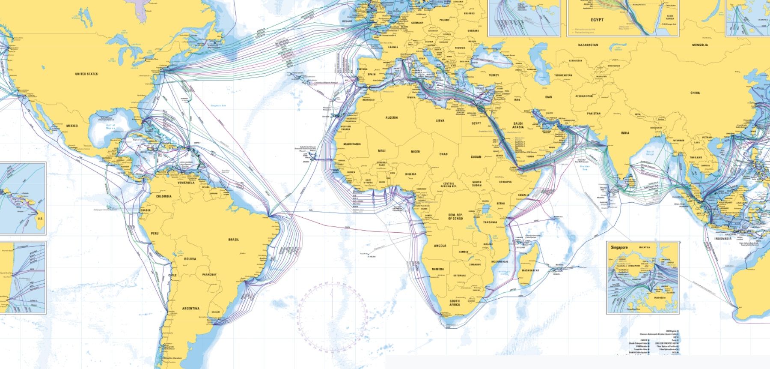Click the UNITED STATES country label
(x=86, y=74)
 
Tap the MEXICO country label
(x=72, y=126)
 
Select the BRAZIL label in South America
(x=234, y=240)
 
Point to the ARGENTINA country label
(x=190, y=309)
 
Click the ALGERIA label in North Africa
(x=392, y=117)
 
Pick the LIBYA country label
(x=440, y=121)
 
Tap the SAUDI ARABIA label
(x=518, y=125)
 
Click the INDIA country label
(x=625, y=133)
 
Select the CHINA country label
(x=695, y=93)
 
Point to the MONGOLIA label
(x=700, y=45)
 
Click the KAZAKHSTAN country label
(x=588, y=45)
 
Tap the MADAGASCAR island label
(x=530, y=271)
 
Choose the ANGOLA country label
(x=440, y=246)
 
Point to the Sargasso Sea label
(x=218, y=105)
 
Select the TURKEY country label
(x=494, y=75)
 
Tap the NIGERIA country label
(x=410, y=174)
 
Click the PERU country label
(x=155, y=233)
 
